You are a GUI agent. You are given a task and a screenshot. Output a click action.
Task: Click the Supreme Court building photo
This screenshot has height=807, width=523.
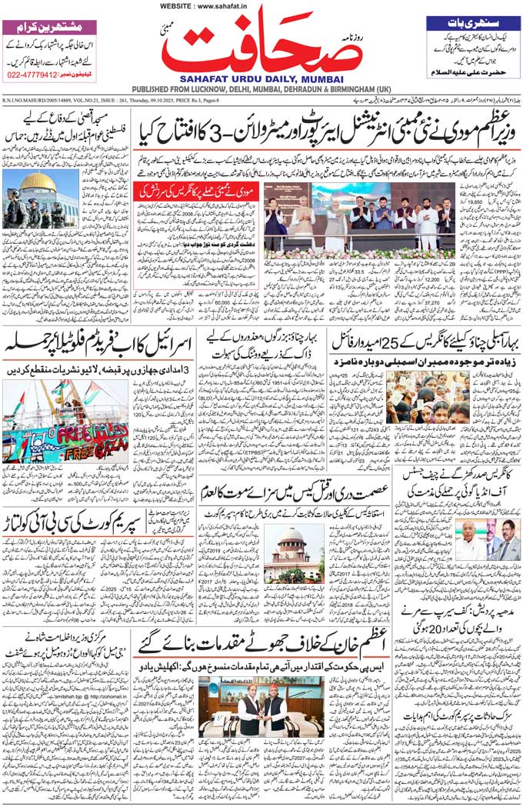pos(295,554)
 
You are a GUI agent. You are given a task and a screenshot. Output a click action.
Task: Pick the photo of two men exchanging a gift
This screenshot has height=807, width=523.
pos(261,705)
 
